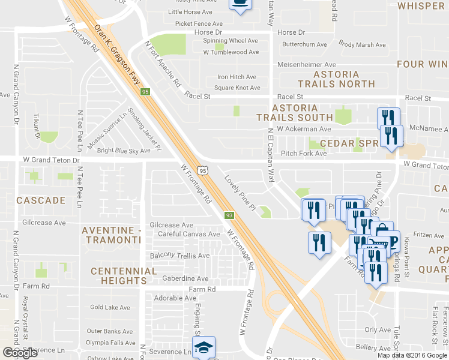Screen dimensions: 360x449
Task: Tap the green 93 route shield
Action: [x=229, y=215]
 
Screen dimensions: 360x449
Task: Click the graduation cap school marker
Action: [x=203, y=347]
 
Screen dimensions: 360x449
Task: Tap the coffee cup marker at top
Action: [x=240, y=3]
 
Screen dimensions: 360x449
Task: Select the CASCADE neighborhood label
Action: [x=41, y=200]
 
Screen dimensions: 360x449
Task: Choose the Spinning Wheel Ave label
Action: [x=231, y=41]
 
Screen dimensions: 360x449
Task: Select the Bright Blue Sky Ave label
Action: [x=124, y=151]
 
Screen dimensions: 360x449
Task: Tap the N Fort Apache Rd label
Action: [x=163, y=64]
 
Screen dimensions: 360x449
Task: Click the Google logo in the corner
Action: [x=20, y=353]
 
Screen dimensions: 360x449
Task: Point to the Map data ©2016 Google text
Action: [x=412, y=355]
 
